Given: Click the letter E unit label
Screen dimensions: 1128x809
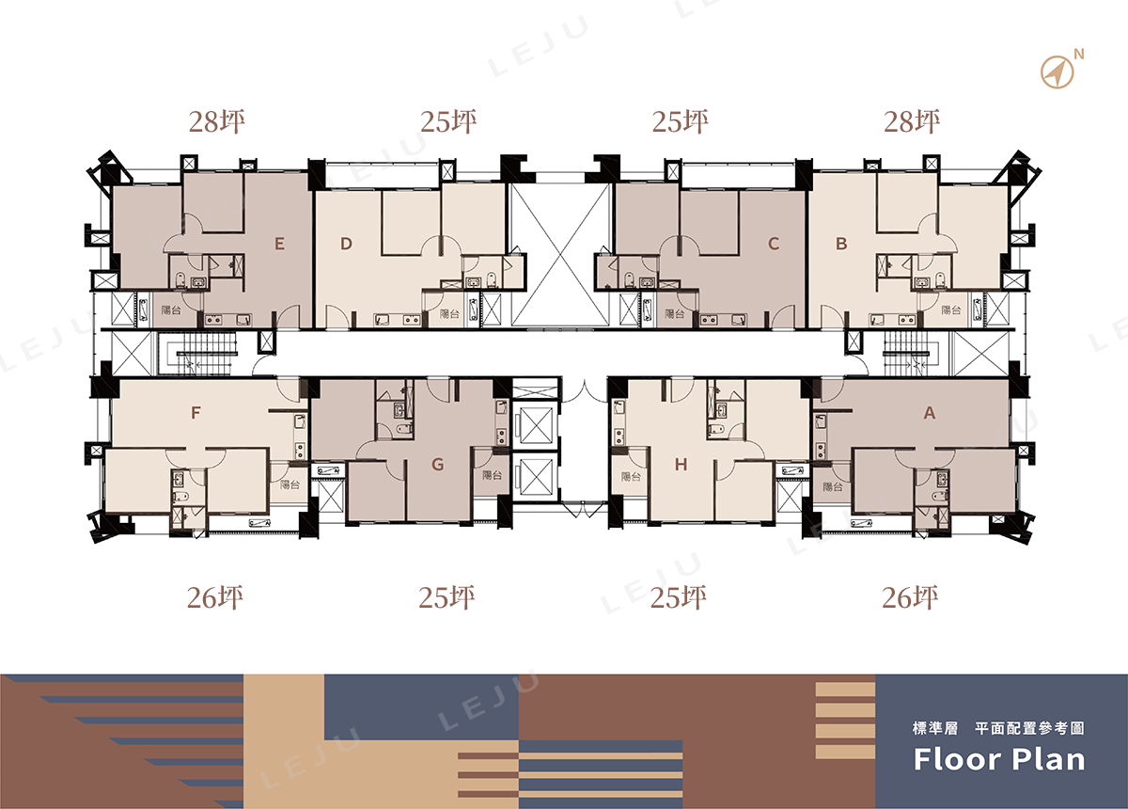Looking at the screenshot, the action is pyautogui.click(x=279, y=244).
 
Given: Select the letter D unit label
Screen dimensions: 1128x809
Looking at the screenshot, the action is pyautogui.click(x=346, y=244).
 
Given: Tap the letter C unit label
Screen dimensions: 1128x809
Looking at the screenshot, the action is pyautogui.click(x=774, y=244).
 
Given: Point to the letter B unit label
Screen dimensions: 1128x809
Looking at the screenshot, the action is pyautogui.click(x=841, y=244).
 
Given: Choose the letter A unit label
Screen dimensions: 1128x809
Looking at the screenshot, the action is pyautogui.click(x=930, y=413).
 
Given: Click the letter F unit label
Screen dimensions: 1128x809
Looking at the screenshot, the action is pyautogui.click(x=196, y=413).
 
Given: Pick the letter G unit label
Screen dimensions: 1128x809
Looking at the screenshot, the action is pyautogui.click(x=438, y=465).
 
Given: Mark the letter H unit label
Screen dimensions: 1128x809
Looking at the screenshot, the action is pyautogui.click(x=681, y=465).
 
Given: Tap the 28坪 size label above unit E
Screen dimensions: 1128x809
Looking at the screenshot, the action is pyautogui.click(x=217, y=121).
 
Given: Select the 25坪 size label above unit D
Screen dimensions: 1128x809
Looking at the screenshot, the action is pyautogui.click(x=448, y=121).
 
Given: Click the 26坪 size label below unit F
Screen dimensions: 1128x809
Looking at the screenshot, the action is pyautogui.click(x=215, y=597).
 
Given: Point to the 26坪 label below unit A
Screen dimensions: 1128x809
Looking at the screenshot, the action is pyautogui.click(x=910, y=597).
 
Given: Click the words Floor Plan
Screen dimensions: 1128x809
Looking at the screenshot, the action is pyautogui.click(x=999, y=759).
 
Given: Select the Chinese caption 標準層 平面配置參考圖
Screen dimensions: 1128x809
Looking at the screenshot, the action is pyautogui.click(x=998, y=728).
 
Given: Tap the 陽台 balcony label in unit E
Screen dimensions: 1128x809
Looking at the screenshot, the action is pyautogui.click(x=171, y=310).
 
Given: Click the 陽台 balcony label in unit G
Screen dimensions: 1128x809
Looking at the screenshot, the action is pyautogui.click(x=492, y=475).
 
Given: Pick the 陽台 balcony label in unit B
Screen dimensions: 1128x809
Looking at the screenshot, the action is pyautogui.click(x=951, y=310).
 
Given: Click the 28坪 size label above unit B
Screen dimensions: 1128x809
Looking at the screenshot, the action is pyautogui.click(x=912, y=121).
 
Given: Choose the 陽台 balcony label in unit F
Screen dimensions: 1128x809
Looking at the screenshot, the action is pyautogui.click(x=290, y=484).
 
